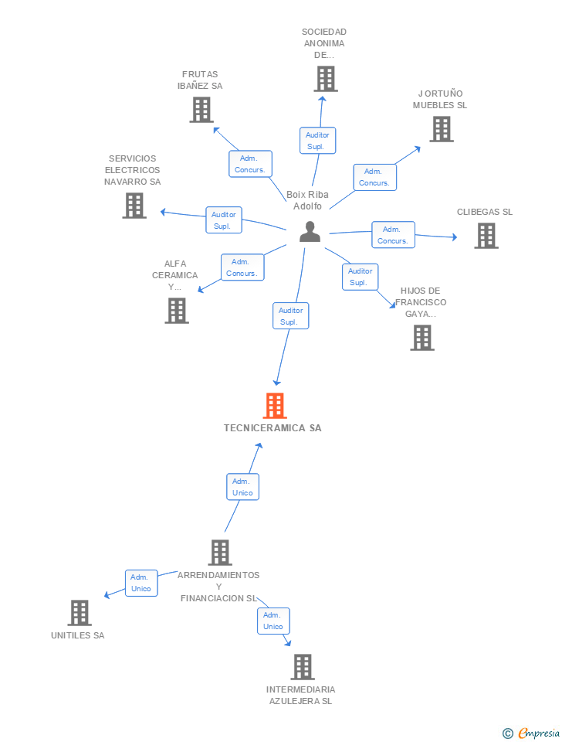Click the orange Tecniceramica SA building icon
pyautogui.click(x=275, y=406)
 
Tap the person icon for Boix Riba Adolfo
pyautogui.click(x=310, y=232)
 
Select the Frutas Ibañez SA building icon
pyautogui.click(x=201, y=110)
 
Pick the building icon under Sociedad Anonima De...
pyautogui.click(x=326, y=79)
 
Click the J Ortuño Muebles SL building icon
pyautogui.click(x=441, y=129)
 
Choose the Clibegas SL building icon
pyautogui.click(x=486, y=236)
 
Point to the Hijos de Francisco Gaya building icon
pyautogui.click(x=421, y=338)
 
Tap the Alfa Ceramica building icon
pyautogui.click(x=177, y=310)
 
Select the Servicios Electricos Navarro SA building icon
pyautogui.click(x=134, y=206)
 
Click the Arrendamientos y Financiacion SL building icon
pyautogui.click(x=220, y=553)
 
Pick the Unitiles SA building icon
pyautogui.click(x=80, y=613)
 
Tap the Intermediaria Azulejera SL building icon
pyautogui.click(x=303, y=667)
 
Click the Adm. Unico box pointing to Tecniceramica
pyautogui.click(x=242, y=487)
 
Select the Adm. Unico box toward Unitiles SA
pyautogui.click(x=141, y=583)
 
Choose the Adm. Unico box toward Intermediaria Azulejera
pyautogui.click(x=273, y=621)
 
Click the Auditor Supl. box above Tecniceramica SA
pyautogui.click(x=290, y=316)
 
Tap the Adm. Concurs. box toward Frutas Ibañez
pyautogui.click(x=250, y=164)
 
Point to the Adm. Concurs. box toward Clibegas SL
pyautogui.click(x=393, y=235)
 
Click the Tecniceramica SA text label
pyautogui.click(x=273, y=427)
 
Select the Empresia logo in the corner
pyautogui.click(x=532, y=733)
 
